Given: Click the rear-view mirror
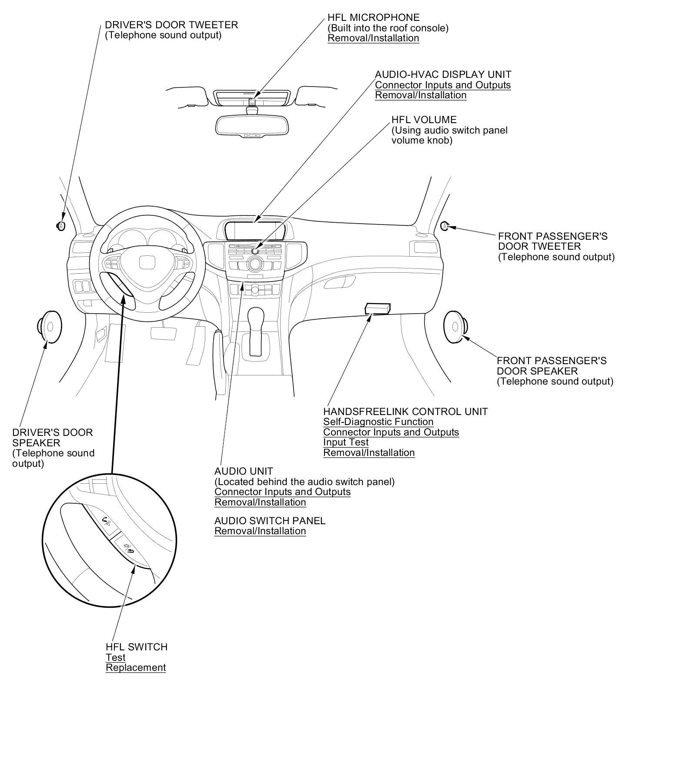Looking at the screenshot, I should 252,124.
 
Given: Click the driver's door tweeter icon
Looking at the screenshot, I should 61,225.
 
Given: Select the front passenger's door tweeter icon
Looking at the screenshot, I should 445,226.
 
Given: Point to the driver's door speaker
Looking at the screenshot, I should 49,327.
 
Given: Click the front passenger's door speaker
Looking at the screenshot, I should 455,326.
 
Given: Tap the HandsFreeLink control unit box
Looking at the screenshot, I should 377,308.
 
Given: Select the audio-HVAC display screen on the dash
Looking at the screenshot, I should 255,230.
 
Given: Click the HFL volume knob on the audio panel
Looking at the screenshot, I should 255,251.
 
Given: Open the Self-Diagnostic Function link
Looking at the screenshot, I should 378,422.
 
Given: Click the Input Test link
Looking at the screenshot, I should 346,442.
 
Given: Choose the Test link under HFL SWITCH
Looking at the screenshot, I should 115,657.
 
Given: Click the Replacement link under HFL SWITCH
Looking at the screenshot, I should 136,667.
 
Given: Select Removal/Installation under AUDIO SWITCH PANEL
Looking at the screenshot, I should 260,531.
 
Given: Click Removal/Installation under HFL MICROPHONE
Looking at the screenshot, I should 373,38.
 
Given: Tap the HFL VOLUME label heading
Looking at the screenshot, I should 424,120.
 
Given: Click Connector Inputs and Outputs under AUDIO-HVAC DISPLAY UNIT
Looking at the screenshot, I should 443,85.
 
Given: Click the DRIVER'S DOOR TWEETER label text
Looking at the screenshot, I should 171,25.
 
